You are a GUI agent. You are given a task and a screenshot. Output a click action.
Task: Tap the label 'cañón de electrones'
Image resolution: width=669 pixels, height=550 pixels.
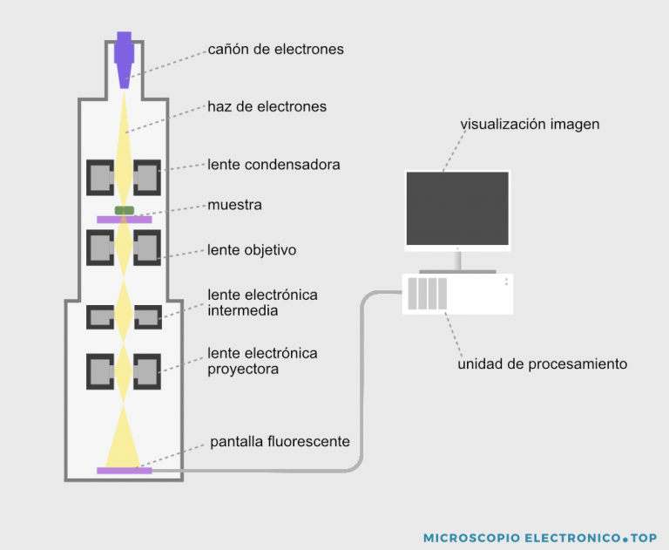275,50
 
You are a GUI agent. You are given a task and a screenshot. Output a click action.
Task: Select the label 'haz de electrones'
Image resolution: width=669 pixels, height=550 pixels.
267,107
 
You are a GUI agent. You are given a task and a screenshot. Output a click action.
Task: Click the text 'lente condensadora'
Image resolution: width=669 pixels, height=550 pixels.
274,164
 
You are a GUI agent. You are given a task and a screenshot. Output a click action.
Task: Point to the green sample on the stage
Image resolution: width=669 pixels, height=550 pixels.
125,210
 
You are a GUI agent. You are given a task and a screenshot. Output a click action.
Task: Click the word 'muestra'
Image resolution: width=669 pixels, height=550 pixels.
234,206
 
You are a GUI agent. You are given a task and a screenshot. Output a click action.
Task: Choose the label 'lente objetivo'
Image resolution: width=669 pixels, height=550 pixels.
252,250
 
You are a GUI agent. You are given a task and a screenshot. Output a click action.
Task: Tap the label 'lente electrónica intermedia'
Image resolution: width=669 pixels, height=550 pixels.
262,302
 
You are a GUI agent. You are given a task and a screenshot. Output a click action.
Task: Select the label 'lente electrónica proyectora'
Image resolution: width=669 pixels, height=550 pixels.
262,360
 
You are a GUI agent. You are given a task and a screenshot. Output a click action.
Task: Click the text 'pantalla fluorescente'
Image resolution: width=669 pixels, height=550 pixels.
280,442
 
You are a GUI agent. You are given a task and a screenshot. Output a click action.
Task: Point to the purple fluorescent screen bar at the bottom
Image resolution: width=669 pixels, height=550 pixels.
125,471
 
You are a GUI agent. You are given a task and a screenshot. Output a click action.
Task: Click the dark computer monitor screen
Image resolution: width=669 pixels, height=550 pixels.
457,208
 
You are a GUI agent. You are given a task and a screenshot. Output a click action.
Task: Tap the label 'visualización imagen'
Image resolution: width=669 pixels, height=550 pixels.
530,125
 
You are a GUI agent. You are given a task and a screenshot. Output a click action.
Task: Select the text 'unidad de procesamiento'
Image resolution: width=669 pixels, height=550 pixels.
542,363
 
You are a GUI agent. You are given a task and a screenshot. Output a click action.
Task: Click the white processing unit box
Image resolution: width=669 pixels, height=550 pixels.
457,294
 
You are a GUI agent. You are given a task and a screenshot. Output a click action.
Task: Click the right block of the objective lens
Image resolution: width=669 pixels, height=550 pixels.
147,248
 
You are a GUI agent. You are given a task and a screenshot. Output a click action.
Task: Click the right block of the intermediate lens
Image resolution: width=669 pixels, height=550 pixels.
147,316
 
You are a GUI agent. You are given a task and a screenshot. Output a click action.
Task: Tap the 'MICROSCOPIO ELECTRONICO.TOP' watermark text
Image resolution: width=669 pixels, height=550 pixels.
540,538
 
